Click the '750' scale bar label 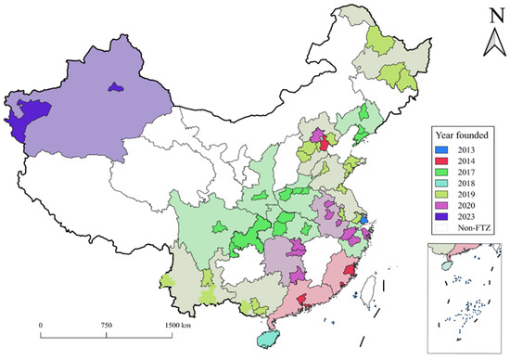tap(106, 327)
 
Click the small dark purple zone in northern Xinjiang tap(114, 87)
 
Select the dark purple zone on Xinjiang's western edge tap(23, 113)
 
